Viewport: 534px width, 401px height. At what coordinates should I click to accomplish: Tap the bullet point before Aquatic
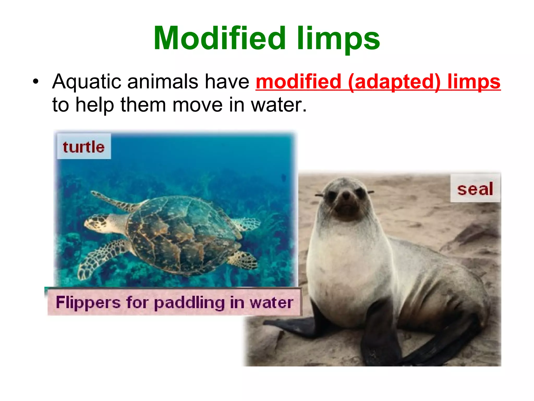[35, 82]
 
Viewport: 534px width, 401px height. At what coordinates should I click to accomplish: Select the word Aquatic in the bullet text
[86, 82]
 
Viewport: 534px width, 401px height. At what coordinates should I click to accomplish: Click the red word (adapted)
[394, 82]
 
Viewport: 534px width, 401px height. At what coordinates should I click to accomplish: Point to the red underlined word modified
[298, 82]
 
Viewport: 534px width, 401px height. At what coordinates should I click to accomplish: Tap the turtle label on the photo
[84, 147]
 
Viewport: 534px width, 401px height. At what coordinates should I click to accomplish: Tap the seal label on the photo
[475, 189]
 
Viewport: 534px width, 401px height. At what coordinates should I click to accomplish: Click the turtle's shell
[183, 232]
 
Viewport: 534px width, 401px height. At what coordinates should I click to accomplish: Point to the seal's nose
[346, 194]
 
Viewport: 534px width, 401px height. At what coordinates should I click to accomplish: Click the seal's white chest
[347, 261]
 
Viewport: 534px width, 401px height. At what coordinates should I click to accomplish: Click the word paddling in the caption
[189, 303]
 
